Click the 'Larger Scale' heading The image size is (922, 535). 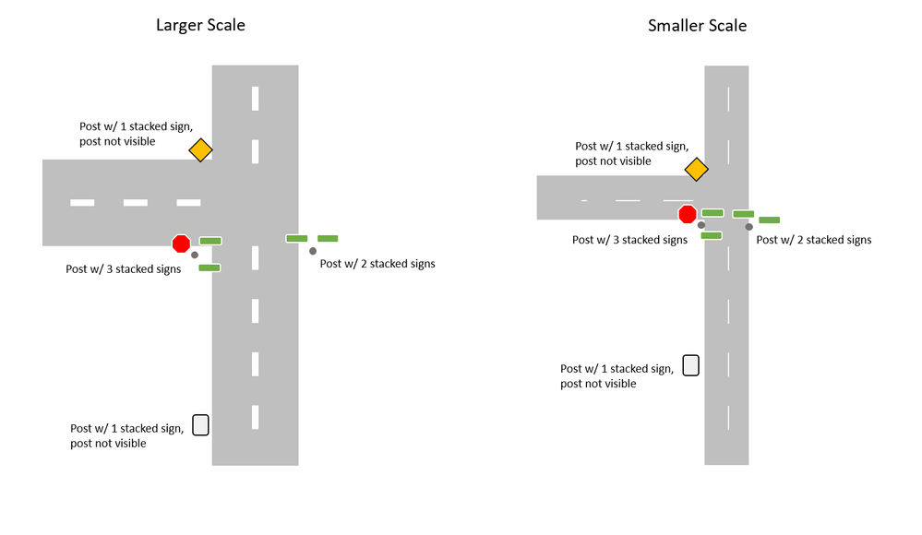(x=200, y=25)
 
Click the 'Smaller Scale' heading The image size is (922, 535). (x=697, y=25)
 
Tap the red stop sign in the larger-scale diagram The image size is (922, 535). (x=181, y=244)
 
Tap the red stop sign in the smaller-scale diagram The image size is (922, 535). (x=688, y=215)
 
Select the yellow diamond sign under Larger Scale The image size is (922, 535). (x=200, y=149)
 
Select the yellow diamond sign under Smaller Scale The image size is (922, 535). (x=696, y=169)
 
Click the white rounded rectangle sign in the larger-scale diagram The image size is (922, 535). (x=200, y=425)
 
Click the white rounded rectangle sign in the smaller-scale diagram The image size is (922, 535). (x=690, y=365)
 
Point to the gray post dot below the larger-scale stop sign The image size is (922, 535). (x=195, y=255)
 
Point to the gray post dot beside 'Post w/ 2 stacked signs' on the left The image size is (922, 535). (x=313, y=251)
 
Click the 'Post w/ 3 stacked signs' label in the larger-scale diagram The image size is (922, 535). (x=124, y=269)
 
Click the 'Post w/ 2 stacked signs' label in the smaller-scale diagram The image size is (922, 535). (x=813, y=240)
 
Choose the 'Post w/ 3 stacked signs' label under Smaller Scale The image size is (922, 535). (x=629, y=240)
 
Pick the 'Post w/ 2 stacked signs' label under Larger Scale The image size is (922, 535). (x=377, y=264)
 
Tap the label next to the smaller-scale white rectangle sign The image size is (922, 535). (x=617, y=375)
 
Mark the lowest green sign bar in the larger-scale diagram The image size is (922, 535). (x=210, y=268)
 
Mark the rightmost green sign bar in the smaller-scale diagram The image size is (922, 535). (x=769, y=220)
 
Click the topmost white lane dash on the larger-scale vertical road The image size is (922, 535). (x=255, y=97)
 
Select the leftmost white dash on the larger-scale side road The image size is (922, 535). (x=82, y=202)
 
